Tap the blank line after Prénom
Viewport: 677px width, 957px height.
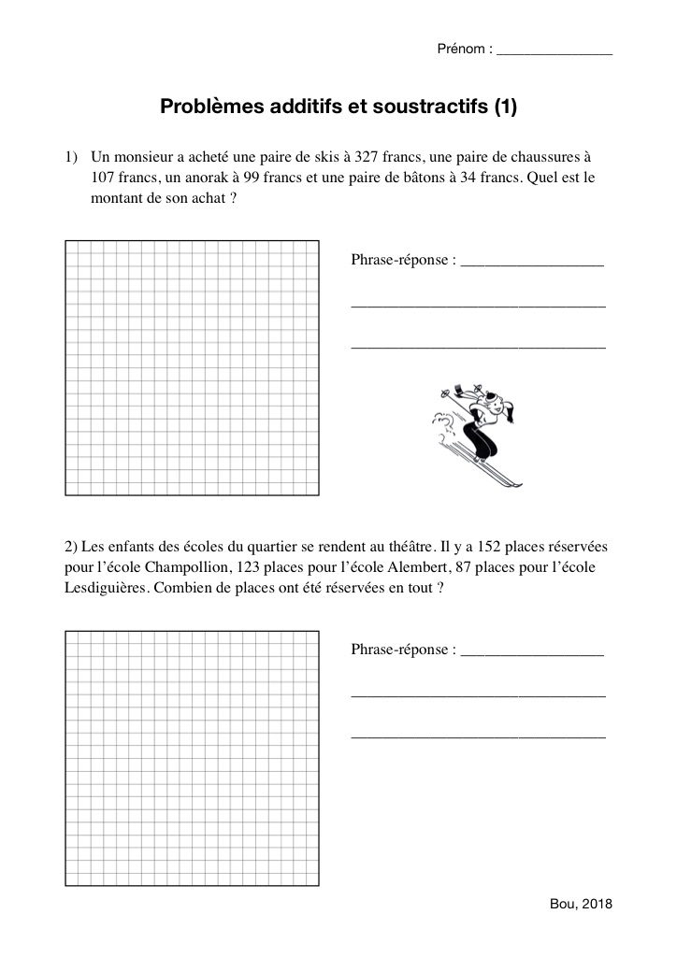(555, 52)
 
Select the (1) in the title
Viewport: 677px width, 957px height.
(505, 107)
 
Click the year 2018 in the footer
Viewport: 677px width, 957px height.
(596, 905)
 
